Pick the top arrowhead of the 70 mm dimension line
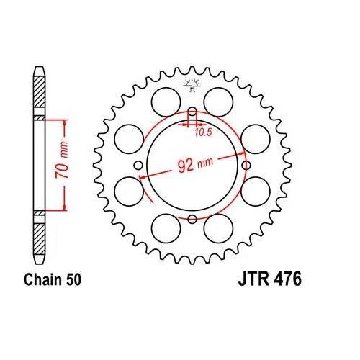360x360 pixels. click(66, 120)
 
